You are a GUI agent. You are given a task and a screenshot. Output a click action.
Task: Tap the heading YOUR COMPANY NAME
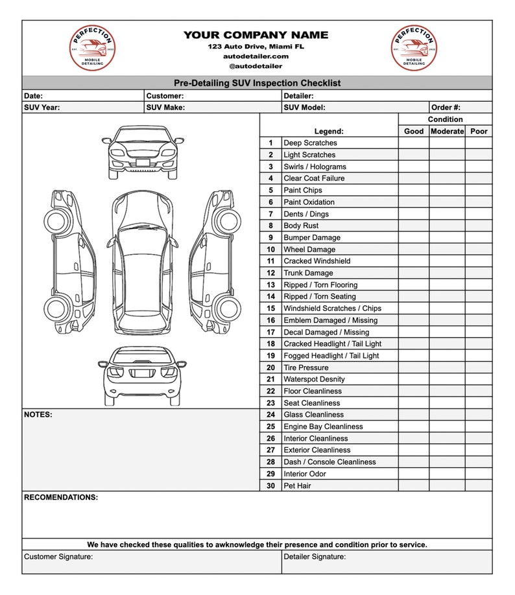coord(256,35)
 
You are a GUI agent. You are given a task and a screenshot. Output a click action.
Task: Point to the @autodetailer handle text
coord(256,66)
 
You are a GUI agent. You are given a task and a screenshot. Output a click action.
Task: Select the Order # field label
coord(446,108)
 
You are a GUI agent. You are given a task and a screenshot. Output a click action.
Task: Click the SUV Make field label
coord(165,108)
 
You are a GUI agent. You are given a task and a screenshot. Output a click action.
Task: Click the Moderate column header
coord(447,131)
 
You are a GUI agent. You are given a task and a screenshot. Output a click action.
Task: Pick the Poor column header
coord(479,131)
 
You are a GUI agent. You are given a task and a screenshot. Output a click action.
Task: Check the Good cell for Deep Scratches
coord(413,143)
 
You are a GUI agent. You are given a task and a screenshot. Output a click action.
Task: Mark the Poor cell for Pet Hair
coord(479,485)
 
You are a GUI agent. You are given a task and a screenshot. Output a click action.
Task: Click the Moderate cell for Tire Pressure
coord(447,367)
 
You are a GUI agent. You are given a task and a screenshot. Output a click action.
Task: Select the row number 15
coord(270,309)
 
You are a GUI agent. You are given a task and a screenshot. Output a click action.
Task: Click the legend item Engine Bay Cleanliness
coord(323,426)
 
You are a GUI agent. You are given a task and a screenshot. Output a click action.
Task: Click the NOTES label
coord(38,414)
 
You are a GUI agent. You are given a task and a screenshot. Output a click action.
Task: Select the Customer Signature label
coord(58,557)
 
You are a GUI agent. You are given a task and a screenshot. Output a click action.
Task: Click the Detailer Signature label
coord(315,557)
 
